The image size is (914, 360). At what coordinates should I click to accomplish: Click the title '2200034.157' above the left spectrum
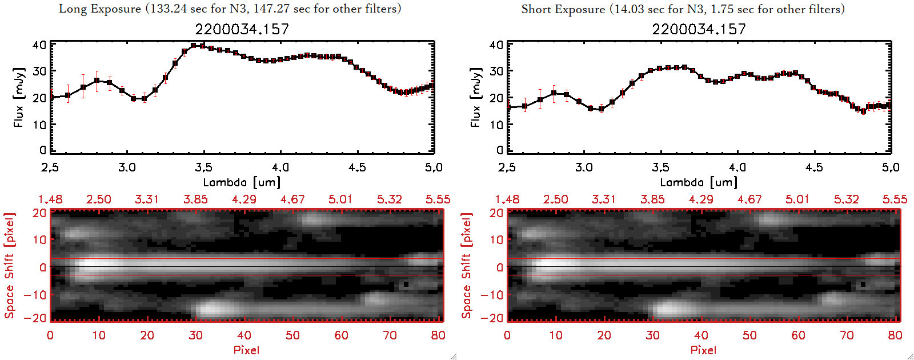pyautogui.click(x=242, y=29)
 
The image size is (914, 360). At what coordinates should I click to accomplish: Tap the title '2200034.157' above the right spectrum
pyautogui.click(x=699, y=29)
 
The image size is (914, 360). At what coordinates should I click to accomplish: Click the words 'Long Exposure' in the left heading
pyautogui.click(x=100, y=9)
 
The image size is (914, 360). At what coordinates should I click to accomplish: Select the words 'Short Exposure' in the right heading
pyautogui.click(x=563, y=9)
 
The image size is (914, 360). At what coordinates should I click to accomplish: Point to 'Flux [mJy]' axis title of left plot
pyautogui.click(x=19, y=98)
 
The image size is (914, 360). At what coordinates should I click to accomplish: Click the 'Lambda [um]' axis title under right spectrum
pyautogui.click(x=699, y=182)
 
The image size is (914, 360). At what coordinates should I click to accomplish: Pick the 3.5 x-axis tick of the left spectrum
pyautogui.click(x=203, y=167)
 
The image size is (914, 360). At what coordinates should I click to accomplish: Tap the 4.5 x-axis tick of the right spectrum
pyautogui.click(x=814, y=167)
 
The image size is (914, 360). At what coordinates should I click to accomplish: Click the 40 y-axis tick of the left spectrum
pyautogui.click(x=39, y=45)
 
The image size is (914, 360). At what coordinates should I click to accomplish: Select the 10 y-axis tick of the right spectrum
pyautogui.click(x=496, y=125)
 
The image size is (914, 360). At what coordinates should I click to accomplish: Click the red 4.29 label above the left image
pyautogui.click(x=244, y=199)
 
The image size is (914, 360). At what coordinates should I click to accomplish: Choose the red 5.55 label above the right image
pyautogui.click(x=895, y=199)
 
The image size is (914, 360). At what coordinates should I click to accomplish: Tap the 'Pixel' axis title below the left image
pyautogui.click(x=246, y=350)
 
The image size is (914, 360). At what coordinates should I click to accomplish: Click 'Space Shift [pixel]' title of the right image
pyautogui.click(x=467, y=265)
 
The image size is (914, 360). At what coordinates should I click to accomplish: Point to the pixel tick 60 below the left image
pyautogui.click(x=341, y=335)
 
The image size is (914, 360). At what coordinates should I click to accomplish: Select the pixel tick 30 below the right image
pyautogui.click(x=652, y=335)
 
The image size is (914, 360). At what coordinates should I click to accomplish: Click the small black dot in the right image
pyautogui.click(x=863, y=283)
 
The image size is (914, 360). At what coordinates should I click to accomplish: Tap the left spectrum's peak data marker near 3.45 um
pyautogui.click(x=194, y=46)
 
